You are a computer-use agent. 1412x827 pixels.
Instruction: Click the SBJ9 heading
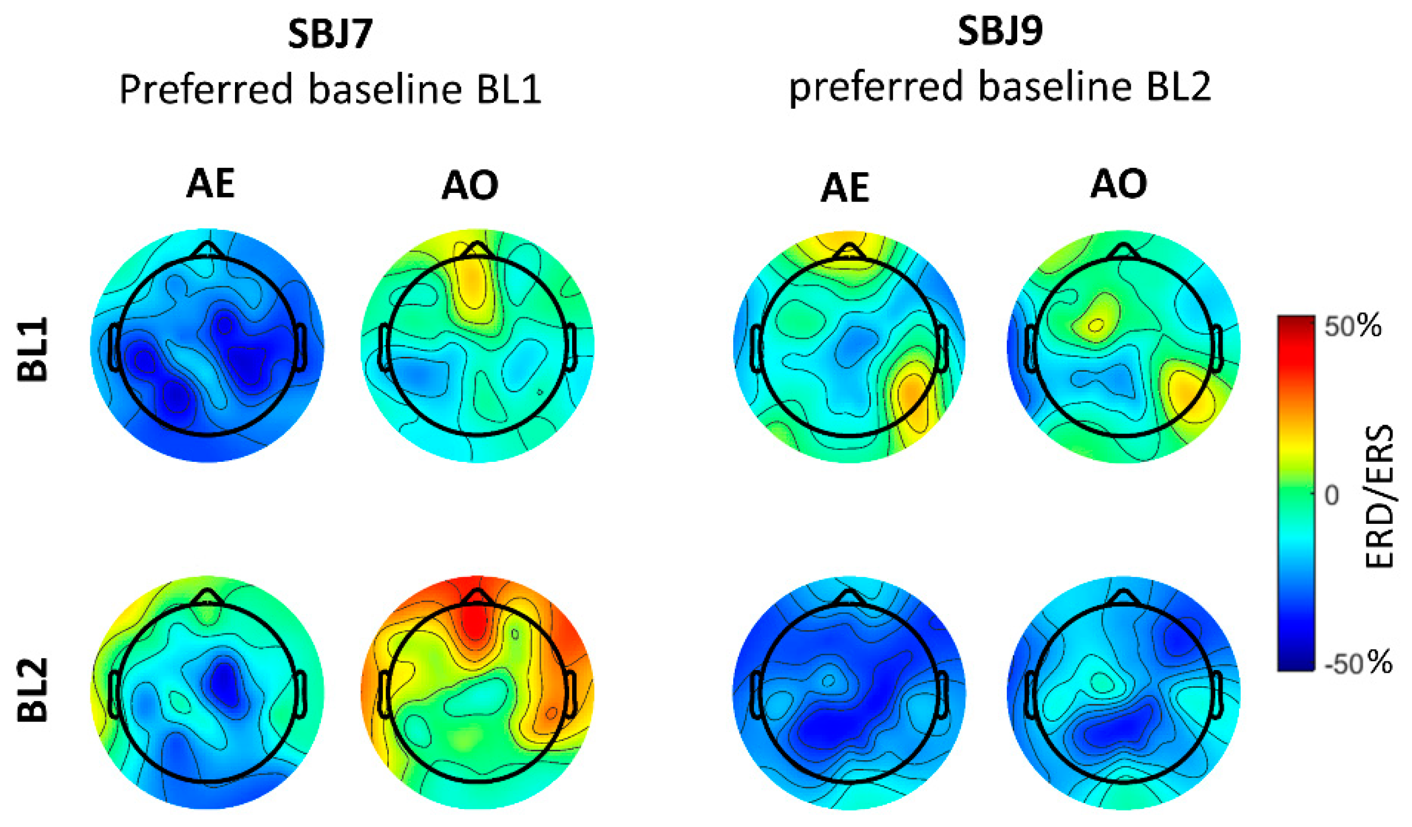(1000, 32)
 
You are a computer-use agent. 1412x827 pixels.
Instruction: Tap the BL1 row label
(33, 350)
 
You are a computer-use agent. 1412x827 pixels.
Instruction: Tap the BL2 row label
(33, 690)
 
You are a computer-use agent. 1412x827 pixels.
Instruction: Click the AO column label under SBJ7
(469, 185)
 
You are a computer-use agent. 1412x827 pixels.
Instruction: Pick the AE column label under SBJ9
(844, 187)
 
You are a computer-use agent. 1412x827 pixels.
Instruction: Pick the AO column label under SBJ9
(1118, 184)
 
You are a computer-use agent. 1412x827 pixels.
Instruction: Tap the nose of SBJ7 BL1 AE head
(208, 250)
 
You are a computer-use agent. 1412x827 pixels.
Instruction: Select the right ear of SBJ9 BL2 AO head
(1217, 694)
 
